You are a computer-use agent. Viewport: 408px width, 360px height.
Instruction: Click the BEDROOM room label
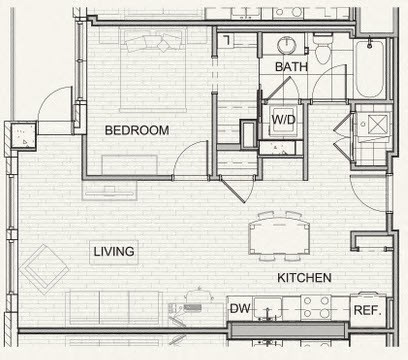137,130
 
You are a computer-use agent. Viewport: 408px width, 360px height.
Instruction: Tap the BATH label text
291,67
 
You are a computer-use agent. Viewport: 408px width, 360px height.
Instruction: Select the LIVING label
114,251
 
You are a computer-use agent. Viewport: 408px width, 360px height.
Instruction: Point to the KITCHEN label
304,278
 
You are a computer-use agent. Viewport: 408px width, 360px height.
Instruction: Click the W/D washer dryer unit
283,121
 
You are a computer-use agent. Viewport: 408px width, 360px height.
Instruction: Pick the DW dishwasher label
240,309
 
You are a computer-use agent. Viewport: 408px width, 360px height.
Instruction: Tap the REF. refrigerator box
368,310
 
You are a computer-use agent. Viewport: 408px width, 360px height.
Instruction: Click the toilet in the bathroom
323,49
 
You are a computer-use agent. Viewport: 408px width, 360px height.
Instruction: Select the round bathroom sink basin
287,45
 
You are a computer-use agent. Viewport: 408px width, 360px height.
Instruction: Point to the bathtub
369,68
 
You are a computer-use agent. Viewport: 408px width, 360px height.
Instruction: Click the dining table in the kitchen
279,236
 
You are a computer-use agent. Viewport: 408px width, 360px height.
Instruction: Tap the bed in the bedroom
153,70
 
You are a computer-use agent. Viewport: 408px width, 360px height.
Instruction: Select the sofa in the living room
114,308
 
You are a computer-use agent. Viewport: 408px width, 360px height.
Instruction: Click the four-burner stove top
316,307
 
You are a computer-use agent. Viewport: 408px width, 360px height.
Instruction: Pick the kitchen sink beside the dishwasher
267,308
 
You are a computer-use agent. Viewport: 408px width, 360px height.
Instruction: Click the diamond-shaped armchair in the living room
44,269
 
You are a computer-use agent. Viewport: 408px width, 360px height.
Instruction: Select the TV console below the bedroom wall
110,191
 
